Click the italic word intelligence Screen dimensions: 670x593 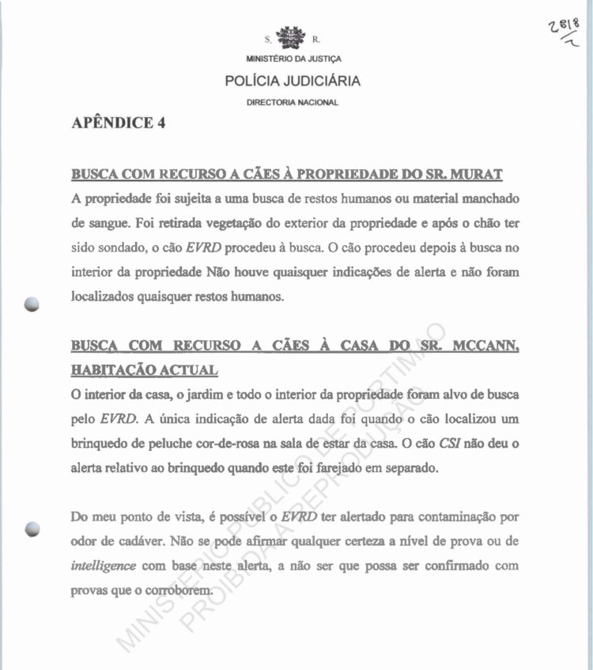(103, 566)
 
